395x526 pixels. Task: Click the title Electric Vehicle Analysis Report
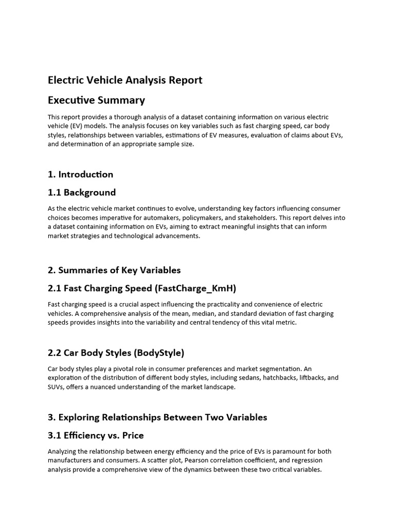pyautogui.click(x=125, y=80)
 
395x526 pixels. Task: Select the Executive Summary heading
pyautogui.click(x=96, y=100)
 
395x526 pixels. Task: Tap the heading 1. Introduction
pyautogui.click(x=80, y=174)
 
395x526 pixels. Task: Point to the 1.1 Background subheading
pyautogui.click(x=82, y=193)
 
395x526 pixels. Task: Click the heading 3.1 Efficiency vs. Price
pyautogui.click(x=96, y=436)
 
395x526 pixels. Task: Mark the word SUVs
pyautogui.click(x=56, y=387)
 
